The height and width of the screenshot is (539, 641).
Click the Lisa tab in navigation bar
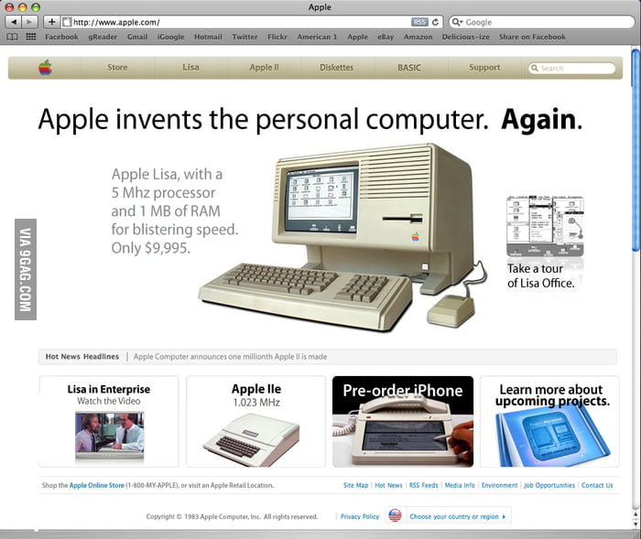point(190,68)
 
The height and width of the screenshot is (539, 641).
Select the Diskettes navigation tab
point(336,68)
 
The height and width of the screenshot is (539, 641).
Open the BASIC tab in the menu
point(409,68)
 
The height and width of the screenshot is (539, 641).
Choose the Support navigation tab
point(484,68)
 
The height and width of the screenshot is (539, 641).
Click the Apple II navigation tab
point(264,68)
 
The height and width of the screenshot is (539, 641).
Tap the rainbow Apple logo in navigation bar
point(45,68)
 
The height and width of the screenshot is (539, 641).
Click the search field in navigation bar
point(572,69)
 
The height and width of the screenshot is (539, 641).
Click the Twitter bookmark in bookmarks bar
point(244,38)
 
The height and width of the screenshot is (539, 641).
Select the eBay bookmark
point(386,38)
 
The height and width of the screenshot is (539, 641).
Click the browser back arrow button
point(14,21)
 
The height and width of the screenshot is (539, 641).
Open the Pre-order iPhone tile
point(403,421)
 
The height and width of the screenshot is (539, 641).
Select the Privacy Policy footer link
point(360,516)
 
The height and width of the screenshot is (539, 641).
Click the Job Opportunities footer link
point(549,485)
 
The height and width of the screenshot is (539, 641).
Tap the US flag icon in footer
point(395,515)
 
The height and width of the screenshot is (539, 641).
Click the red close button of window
point(10,6)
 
